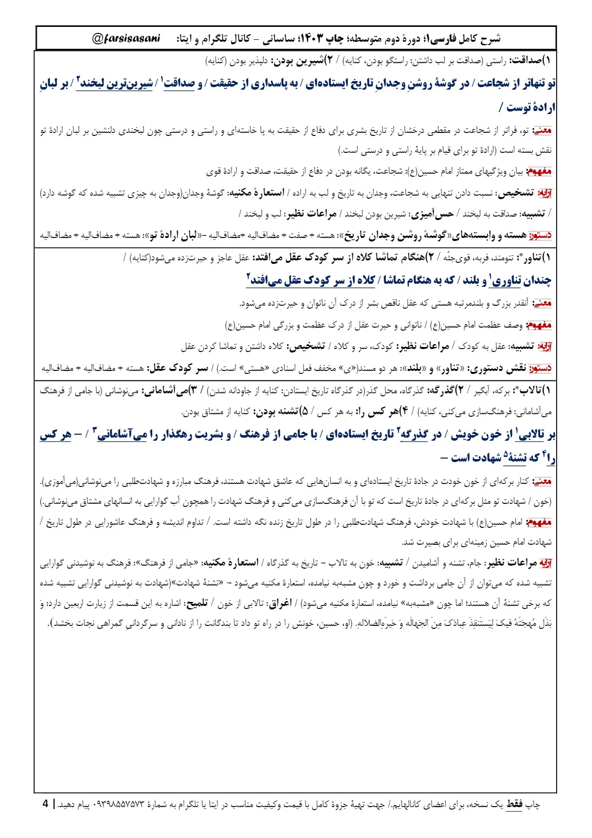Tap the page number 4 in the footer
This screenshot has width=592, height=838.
click(x=46, y=804)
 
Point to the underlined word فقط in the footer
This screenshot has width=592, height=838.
click(x=514, y=804)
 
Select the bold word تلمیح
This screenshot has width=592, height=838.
click(x=196, y=603)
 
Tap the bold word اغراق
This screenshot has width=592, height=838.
click(x=280, y=603)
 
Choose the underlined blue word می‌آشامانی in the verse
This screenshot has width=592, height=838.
click(x=122, y=435)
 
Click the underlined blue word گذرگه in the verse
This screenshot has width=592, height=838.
click(x=414, y=435)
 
